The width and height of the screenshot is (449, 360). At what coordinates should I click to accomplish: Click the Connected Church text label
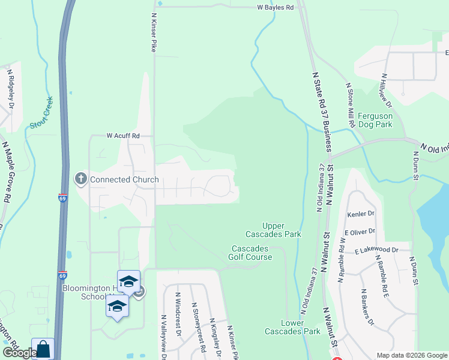124,179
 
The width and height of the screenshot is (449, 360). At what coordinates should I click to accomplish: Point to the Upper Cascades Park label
273,229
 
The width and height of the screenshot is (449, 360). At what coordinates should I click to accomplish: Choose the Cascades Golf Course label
253,253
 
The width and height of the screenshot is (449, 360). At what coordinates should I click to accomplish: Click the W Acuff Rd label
123,136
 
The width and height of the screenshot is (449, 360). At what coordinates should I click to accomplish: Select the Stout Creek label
41,113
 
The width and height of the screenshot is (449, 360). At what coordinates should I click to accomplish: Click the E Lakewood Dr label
377,250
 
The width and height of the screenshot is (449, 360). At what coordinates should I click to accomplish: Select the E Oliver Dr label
360,231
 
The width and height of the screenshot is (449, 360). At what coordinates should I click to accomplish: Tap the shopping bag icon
43,349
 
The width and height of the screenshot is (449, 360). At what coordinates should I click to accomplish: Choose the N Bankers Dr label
367,307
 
